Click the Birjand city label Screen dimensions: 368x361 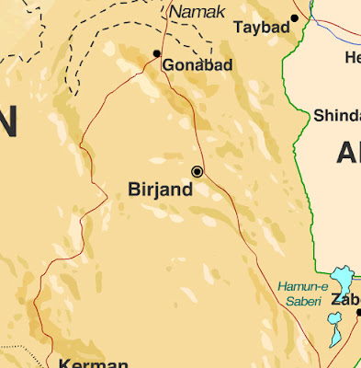point(160,190)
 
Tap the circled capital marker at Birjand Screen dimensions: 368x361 point(197,172)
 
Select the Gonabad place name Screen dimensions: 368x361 point(197,65)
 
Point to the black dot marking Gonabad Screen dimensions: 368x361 point(157,54)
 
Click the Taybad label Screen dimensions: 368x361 point(261,29)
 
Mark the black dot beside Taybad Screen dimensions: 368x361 point(294,17)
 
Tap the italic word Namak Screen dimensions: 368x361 point(197,11)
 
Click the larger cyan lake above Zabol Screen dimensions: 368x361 point(342,279)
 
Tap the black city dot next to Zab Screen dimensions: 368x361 point(358,313)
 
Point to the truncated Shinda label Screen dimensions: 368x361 point(336,116)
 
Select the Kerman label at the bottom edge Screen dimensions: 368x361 point(92,362)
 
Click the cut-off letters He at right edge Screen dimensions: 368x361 point(352,57)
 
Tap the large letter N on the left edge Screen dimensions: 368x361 point(7,122)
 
